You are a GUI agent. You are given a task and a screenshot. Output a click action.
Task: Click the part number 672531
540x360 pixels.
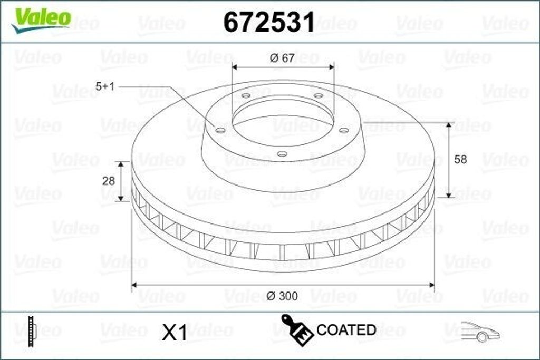(x=269, y=22)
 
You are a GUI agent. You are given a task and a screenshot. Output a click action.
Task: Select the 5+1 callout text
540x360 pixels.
(x=105, y=86)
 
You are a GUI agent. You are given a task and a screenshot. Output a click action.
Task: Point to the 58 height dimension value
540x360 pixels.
(x=460, y=159)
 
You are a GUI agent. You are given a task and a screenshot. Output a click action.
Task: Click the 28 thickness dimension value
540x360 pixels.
(x=108, y=181)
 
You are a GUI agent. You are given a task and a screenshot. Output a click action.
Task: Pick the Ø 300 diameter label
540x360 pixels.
(x=282, y=296)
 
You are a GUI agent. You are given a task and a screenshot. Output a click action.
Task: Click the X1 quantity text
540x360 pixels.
(x=175, y=333)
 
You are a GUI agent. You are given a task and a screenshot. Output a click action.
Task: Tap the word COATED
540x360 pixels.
(x=346, y=330)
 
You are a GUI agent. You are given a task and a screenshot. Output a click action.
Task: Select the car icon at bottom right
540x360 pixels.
(x=479, y=332)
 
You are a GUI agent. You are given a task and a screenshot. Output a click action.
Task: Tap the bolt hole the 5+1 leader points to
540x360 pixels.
(x=221, y=130)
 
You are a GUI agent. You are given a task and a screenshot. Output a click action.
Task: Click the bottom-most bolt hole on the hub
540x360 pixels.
(x=282, y=154)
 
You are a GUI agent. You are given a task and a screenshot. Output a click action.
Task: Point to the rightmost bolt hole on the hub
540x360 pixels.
(x=344, y=130)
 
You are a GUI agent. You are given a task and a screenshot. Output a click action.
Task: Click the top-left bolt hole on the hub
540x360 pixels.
(x=246, y=96)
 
